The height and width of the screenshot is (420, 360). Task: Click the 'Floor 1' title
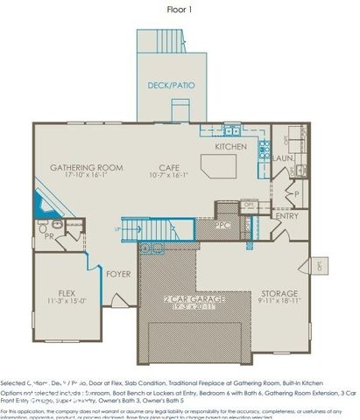click(180, 10)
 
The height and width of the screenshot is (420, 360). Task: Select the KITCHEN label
click(231, 147)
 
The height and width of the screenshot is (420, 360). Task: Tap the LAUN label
click(282, 158)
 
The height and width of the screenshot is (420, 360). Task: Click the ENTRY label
click(286, 215)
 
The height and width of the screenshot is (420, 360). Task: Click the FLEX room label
click(67, 292)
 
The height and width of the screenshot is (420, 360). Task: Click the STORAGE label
click(279, 293)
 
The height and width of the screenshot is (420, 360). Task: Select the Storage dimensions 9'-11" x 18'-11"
click(279, 301)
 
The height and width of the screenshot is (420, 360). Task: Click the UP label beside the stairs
click(117, 229)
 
